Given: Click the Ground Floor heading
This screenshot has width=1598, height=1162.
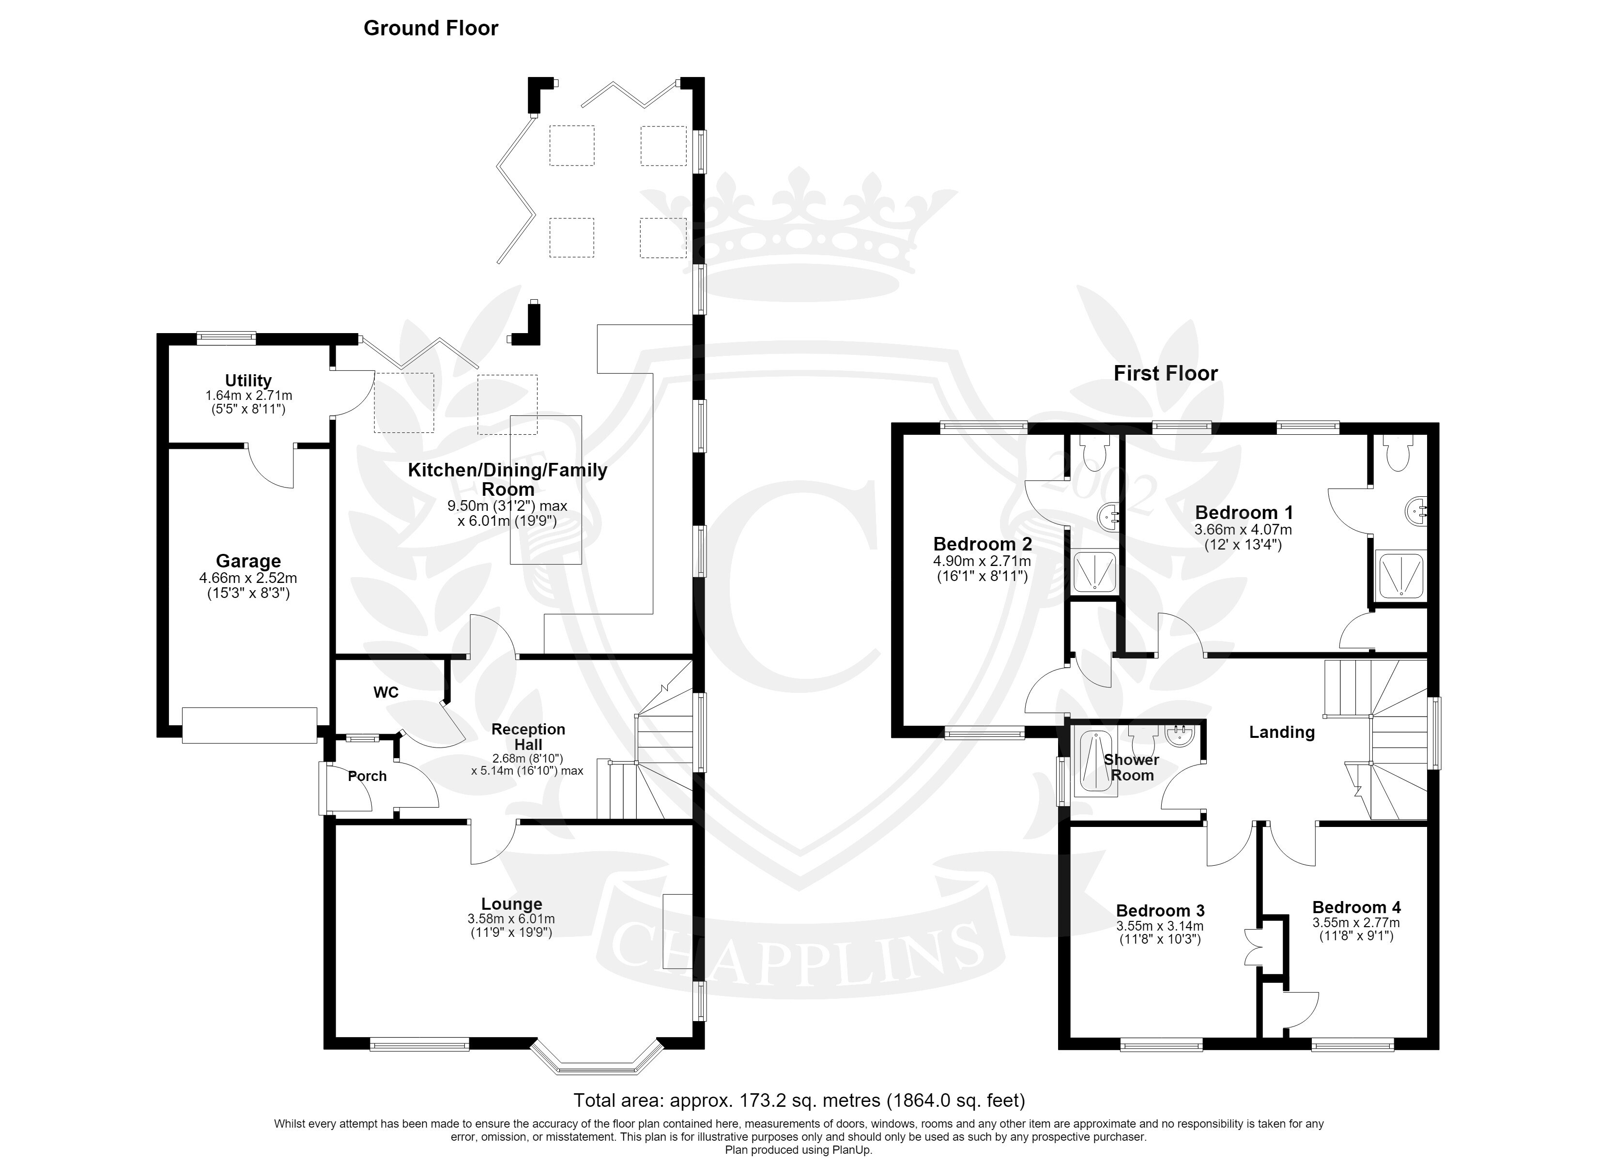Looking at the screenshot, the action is coord(430,28).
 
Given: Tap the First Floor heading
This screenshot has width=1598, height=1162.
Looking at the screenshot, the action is coord(1166,373).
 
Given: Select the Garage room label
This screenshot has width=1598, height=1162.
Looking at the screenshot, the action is coord(248,561).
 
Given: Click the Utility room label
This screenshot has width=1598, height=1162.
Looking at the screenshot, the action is coord(248,381).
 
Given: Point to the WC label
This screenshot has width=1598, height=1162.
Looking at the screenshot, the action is coord(386,693).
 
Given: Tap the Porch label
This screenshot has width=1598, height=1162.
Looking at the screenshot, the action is coord(367,776).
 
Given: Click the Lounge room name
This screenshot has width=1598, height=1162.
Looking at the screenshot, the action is coord(511,904).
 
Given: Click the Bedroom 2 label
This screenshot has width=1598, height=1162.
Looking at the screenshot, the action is coord(982,544).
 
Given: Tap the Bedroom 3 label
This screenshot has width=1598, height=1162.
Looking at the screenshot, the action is coord(1160,910).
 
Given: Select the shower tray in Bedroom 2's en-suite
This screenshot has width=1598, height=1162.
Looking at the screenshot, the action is coord(1094,571).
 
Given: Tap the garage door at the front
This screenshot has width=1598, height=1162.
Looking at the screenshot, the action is coord(249,725).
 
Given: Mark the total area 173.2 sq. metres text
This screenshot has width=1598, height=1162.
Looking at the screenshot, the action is coord(799,1100).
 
